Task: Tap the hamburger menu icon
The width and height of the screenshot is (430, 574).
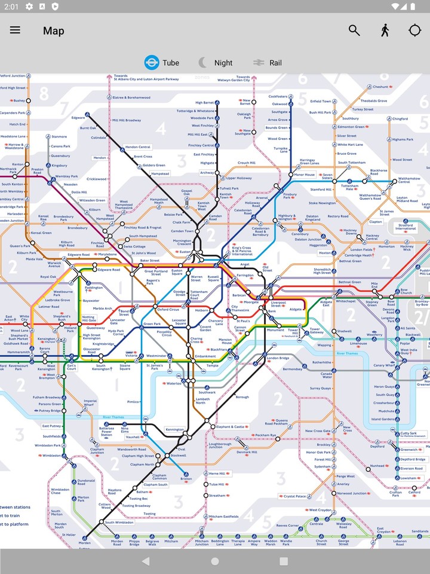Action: pos(15,30)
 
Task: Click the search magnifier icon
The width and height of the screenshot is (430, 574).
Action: pos(354,30)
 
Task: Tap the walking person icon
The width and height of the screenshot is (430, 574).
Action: pos(385,30)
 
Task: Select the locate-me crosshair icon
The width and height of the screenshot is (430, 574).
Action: pos(414,30)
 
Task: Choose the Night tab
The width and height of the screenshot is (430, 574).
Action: pos(223,63)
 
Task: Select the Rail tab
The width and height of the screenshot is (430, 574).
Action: pos(275,63)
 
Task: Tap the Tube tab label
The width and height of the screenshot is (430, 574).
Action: pos(170,63)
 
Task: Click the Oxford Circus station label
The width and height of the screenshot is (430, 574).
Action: pos(168,310)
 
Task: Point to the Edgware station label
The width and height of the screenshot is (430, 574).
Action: pos(78,118)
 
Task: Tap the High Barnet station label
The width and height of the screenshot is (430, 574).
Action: pos(204,102)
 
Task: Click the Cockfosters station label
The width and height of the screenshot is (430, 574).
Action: pos(278,96)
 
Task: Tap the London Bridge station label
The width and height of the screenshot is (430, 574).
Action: pos(278,358)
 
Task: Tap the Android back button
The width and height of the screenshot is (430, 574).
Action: pos(146,561)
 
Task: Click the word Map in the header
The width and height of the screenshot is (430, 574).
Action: pos(53,30)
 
